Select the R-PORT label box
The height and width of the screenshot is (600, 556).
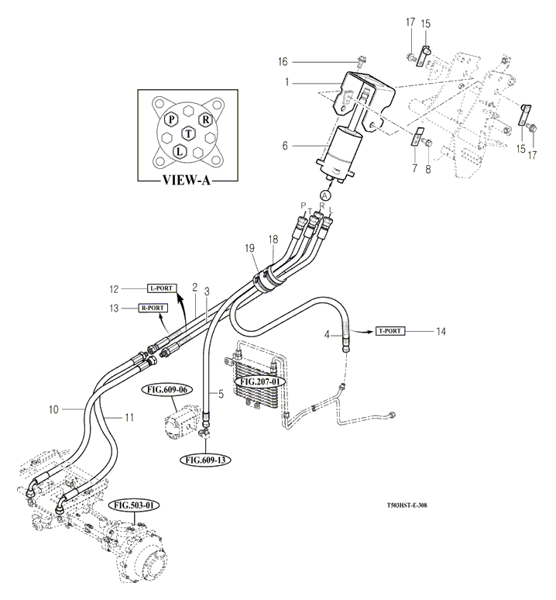[152, 308]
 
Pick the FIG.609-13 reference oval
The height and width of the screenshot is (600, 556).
[204, 460]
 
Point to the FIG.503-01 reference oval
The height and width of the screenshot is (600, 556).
[134, 505]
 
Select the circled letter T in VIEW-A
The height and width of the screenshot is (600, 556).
[188, 134]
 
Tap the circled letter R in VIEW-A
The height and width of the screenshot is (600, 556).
[205, 119]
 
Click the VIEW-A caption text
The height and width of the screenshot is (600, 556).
[183, 184]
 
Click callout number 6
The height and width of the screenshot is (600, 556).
[285, 146]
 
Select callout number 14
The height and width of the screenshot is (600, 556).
[441, 331]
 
